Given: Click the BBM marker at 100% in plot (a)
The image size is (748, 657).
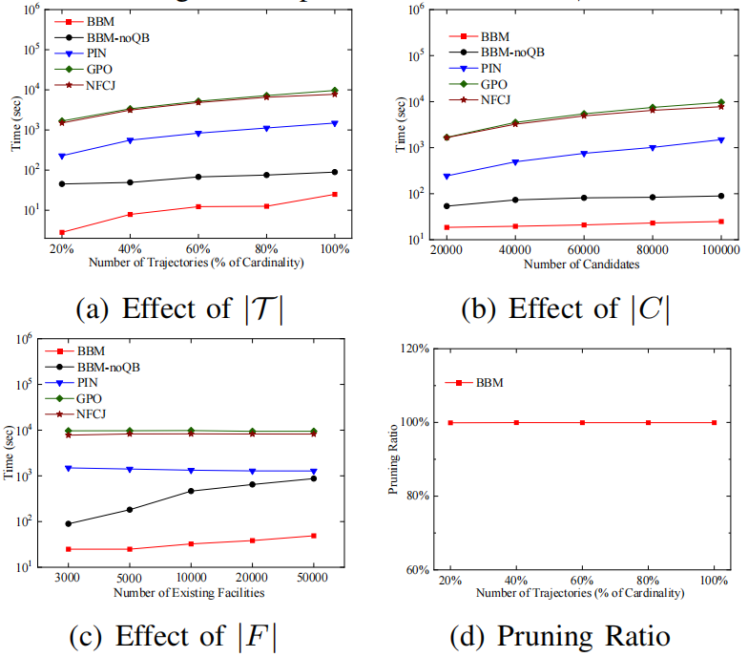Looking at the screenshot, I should pos(334,195).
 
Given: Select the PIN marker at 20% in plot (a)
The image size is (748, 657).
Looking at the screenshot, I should pos(62,156).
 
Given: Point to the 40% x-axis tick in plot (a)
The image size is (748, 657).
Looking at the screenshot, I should pos(130,245).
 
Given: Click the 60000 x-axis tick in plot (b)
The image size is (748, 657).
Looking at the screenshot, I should pos(583,249).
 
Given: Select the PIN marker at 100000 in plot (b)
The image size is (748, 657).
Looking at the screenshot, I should pos(720,140).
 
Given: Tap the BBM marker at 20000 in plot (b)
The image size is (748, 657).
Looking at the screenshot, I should pos(447,227).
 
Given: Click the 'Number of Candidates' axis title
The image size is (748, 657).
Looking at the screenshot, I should pos(582,264).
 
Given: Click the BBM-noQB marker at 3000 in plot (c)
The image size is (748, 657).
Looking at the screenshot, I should pos(68,523).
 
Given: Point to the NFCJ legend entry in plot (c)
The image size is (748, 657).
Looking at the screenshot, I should pos(90,413).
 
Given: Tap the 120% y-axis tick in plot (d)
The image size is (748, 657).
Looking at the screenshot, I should pos(411,349).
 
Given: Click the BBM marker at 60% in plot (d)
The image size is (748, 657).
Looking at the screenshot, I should pos(583,422).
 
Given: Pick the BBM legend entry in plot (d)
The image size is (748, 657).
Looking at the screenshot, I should pos(477,383).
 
